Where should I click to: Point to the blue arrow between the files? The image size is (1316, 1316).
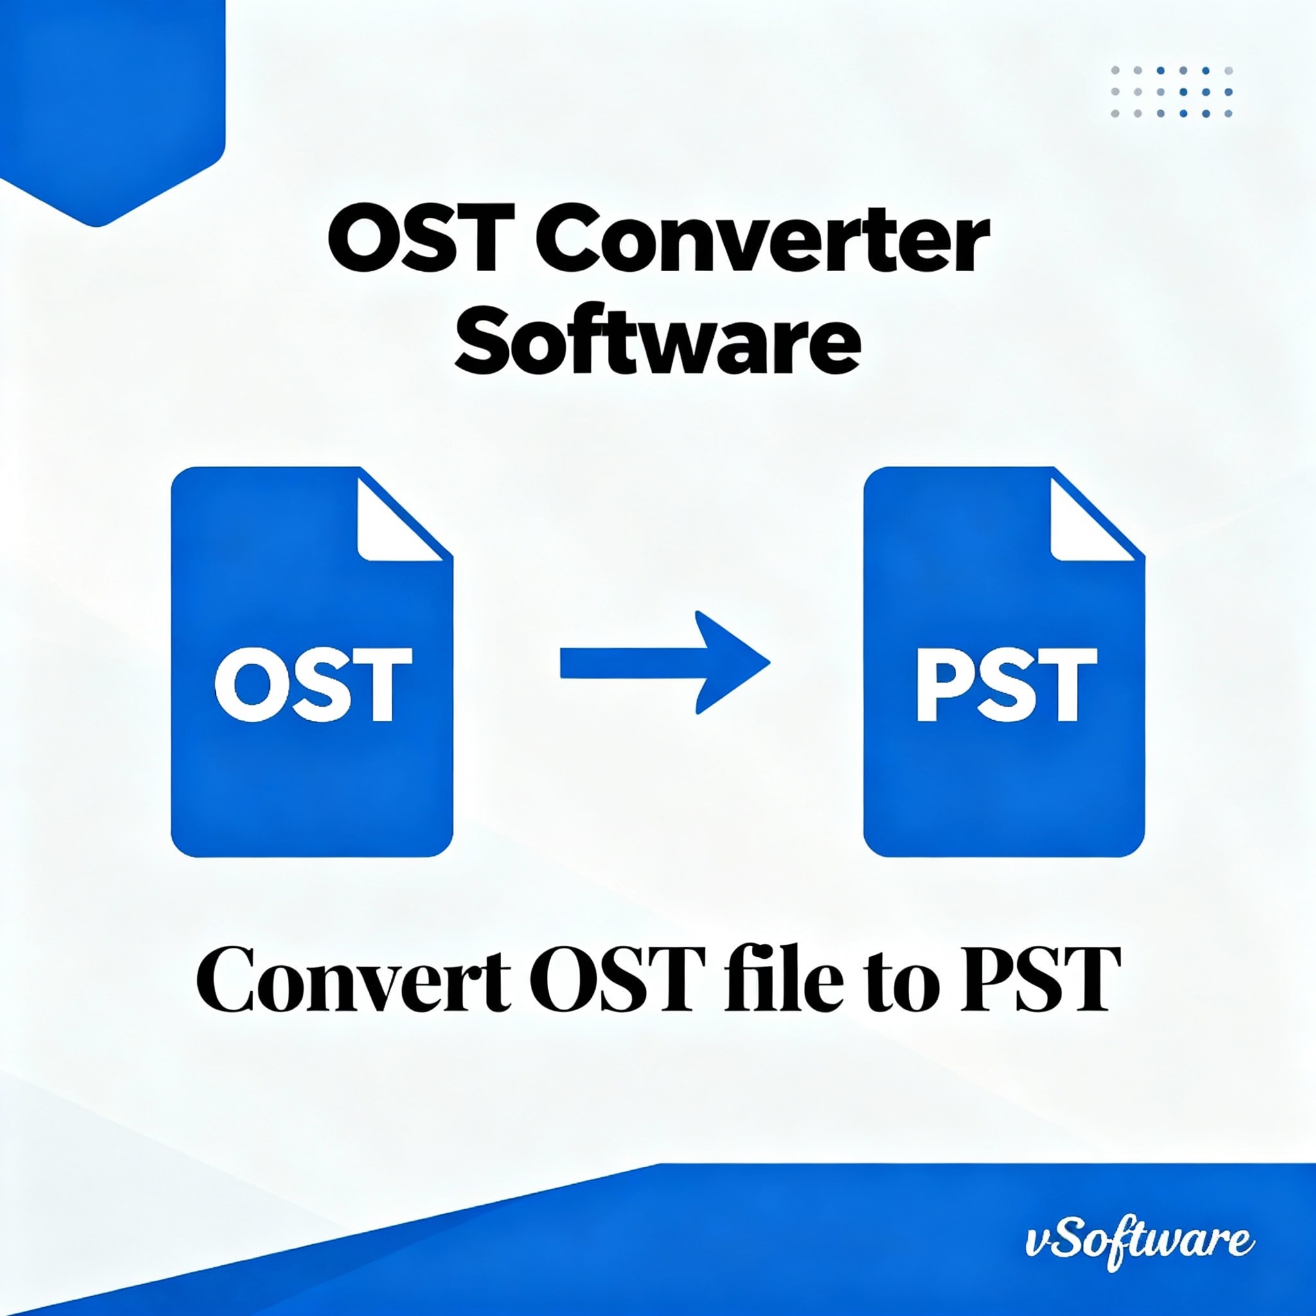tap(665, 662)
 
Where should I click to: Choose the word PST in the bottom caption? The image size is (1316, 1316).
tap(1040, 980)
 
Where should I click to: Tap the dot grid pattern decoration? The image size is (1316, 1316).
tap(1171, 92)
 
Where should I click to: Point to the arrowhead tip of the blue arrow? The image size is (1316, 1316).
tap(769, 662)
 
